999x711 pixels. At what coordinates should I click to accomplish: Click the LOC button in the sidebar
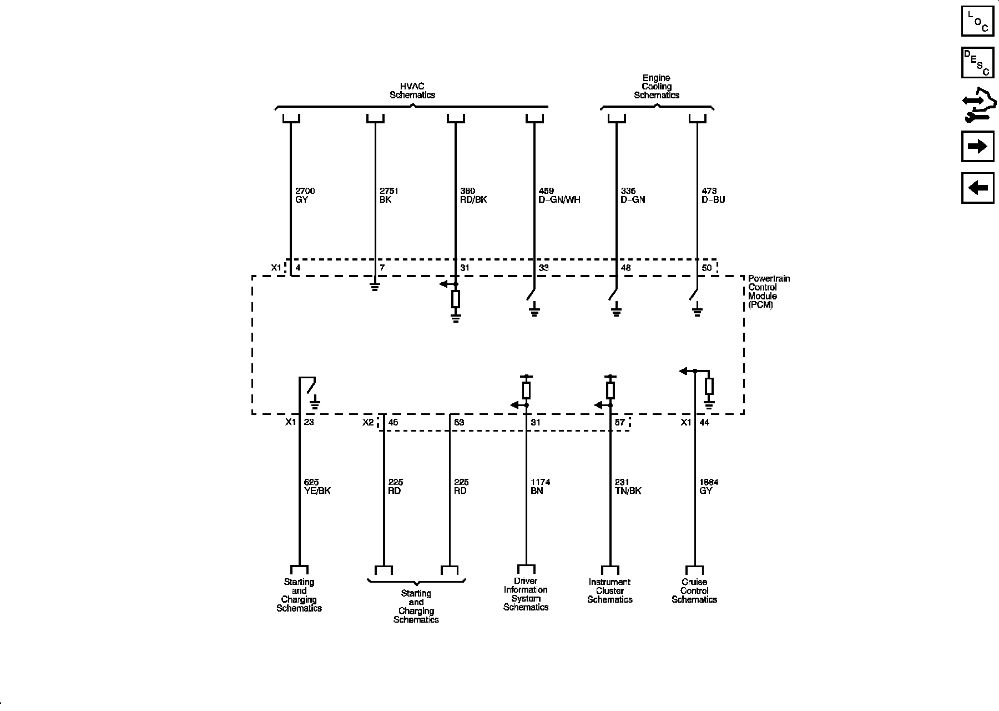tap(977, 21)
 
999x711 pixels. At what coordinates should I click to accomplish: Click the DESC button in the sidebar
tap(977, 63)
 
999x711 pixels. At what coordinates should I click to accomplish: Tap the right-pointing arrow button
tap(977, 146)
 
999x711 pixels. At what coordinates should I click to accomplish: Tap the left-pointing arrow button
tap(977, 188)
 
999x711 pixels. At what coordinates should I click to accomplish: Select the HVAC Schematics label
tap(412, 91)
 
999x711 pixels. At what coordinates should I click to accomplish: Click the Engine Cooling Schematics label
tap(657, 87)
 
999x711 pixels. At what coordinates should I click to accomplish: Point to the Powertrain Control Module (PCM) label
tap(769, 292)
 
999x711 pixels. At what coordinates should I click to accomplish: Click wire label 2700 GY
tap(305, 195)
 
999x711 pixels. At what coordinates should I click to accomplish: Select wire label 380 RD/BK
tap(473, 195)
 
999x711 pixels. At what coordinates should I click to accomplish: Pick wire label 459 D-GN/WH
tap(559, 195)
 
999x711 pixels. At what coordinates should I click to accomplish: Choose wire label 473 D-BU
tap(713, 195)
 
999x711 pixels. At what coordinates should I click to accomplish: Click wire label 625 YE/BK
tap(317, 487)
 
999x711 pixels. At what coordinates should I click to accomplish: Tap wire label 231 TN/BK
tap(628, 487)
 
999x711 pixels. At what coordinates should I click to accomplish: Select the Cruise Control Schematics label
tap(694, 591)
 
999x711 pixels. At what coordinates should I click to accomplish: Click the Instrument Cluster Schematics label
tap(610, 591)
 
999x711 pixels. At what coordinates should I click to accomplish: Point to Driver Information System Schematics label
tap(526, 594)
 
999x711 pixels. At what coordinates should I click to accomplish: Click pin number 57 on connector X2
tap(619, 422)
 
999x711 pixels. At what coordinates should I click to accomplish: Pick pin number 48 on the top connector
tap(625, 268)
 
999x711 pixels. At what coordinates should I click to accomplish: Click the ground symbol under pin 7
tap(375, 287)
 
